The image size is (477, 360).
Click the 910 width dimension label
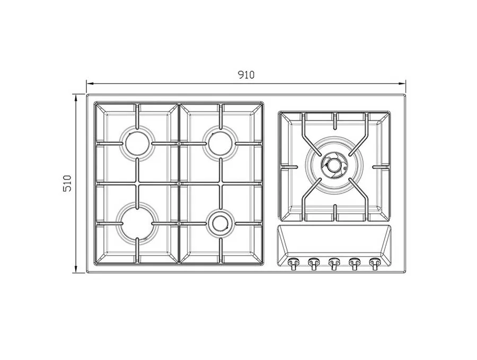click(246, 75)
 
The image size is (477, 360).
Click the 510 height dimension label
click(67, 183)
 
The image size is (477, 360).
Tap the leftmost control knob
click(293, 263)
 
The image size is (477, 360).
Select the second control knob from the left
click(313, 263)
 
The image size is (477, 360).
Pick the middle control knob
click(334, 263)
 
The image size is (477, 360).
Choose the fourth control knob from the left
click(355, 263)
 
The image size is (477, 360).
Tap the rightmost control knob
click(375, 263)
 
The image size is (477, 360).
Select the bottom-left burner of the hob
click(137, 223)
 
